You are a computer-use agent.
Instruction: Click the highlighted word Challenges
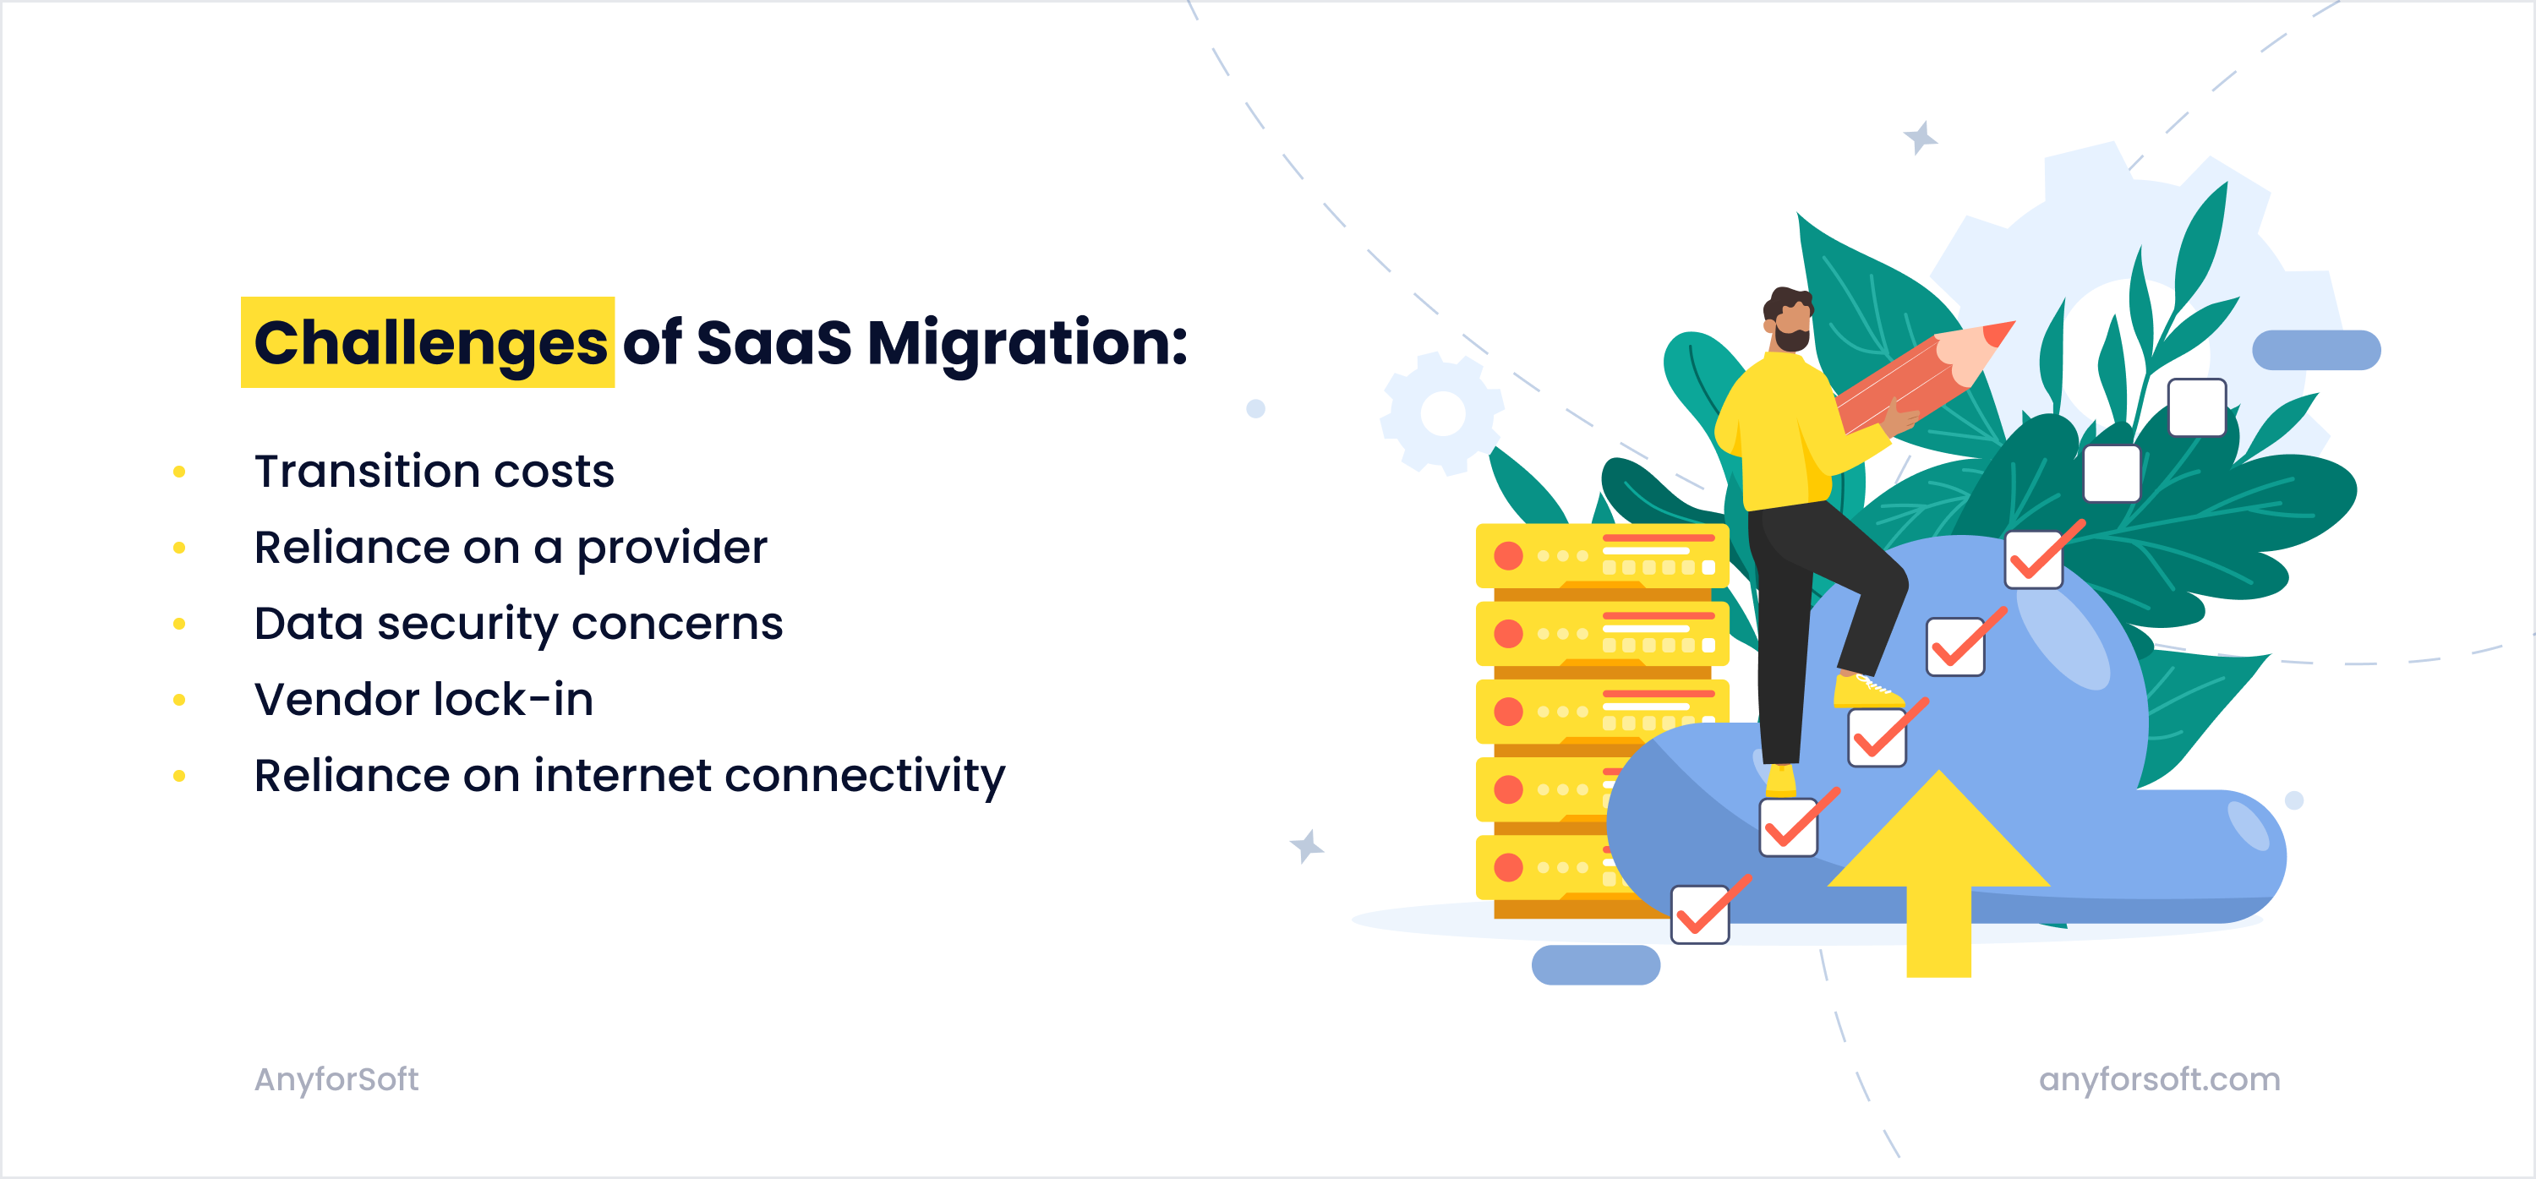(x=429, y=342)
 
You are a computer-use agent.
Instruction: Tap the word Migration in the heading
(x=1027, y=342)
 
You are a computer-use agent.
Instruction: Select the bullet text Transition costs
(x=435, y=472)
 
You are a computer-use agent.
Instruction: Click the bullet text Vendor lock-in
(x=424, y=700)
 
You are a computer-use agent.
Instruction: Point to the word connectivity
(x=865, y=776)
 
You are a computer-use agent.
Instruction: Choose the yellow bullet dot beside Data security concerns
(x=179, y=624)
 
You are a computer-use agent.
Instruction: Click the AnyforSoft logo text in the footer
(x=336, y=1079)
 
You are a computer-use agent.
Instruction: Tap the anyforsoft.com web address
(x=2159, y=1079)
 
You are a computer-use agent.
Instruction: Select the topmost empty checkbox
(x=2196, y=407)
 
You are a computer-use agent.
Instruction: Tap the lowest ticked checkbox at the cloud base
(x=1700, y=914)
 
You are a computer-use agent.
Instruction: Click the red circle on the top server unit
(x=1508, y=556)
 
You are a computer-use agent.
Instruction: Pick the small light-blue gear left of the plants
(x=1443, y=413)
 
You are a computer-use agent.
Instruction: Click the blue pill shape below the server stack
(x=1595, y=964)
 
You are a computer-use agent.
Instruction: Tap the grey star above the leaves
(x=1920, y=137)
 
